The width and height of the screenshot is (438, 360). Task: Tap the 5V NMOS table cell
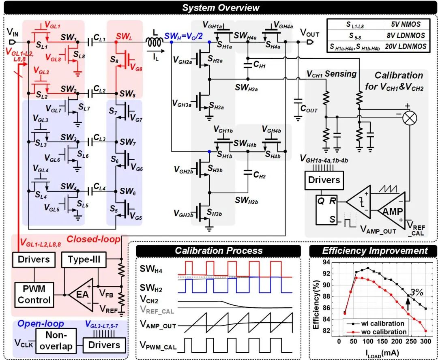[x=406, y=25]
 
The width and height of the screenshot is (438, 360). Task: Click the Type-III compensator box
[x=84, y=259]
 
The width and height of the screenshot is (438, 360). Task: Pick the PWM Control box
[x=34, y=295]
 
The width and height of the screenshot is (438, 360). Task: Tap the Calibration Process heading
[x=219, y=251]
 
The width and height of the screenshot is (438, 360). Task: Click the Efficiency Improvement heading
[x=375, y=251]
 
